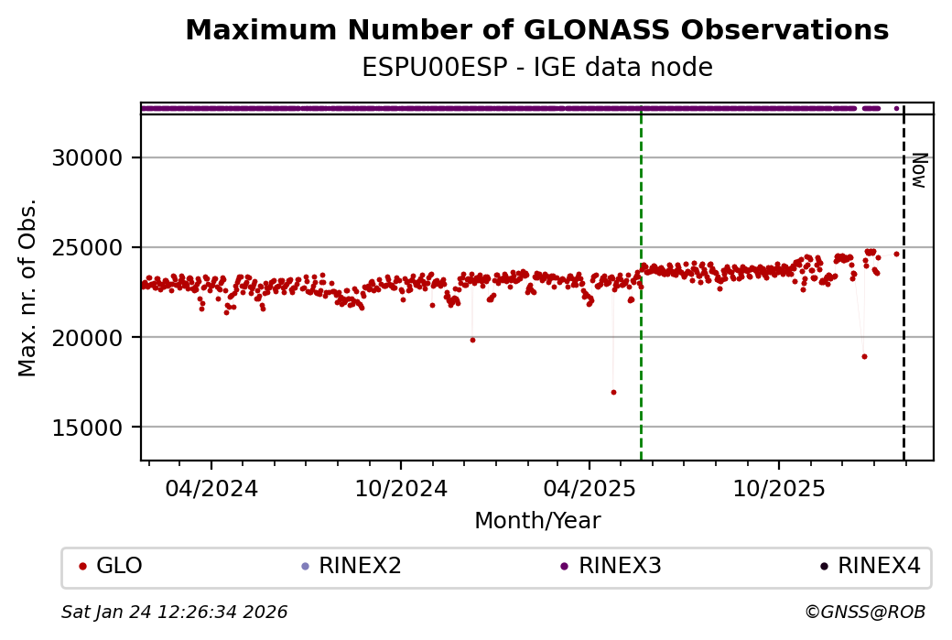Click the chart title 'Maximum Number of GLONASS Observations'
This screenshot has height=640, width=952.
(536, 31)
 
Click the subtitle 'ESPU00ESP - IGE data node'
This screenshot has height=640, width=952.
(536, 68)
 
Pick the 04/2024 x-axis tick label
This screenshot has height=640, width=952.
(211, 488)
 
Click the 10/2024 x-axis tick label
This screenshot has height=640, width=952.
(400, 488)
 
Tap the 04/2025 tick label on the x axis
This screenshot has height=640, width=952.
(589, 488)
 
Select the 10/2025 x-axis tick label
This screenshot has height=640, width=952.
(778, 488)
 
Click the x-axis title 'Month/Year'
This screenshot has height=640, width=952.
(537, 521)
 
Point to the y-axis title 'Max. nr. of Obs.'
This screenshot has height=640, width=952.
(27, 287)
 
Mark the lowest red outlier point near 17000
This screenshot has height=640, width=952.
(613, 392)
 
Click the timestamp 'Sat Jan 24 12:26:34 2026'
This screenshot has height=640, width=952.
(175, 613)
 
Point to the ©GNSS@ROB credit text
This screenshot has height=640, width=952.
(865, 613)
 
